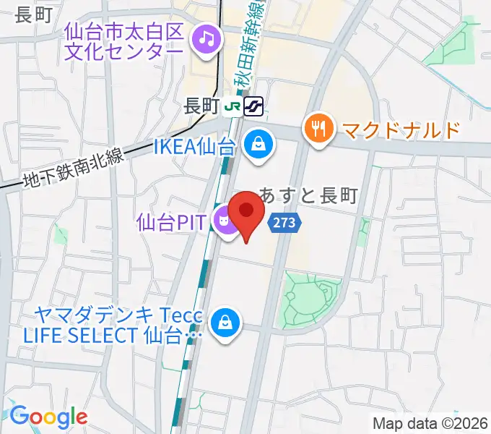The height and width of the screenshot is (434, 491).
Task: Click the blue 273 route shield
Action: [284, 223]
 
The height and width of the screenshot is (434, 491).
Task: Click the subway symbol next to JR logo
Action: [253, 106]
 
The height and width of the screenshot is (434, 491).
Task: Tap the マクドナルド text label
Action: [401, 130]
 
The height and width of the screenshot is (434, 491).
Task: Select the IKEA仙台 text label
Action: [195, 147]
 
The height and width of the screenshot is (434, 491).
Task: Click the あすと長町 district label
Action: [318, 195]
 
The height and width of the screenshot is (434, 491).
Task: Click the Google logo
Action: [48, 416]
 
